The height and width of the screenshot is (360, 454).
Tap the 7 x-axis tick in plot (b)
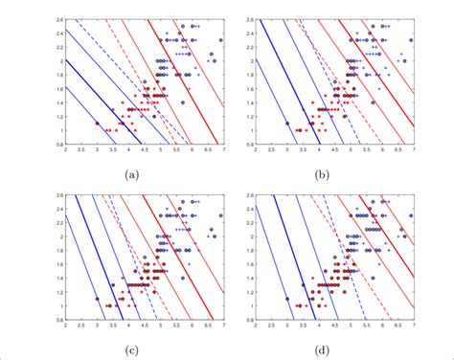[x=414, y=151]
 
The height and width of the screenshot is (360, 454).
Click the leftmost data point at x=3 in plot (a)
[x=97, y=123]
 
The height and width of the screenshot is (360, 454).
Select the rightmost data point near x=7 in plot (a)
[x=220, y=40]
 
